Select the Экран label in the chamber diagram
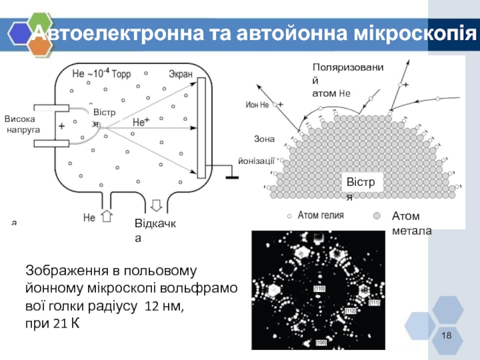coord(180,74)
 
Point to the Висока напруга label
coord(23,124)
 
